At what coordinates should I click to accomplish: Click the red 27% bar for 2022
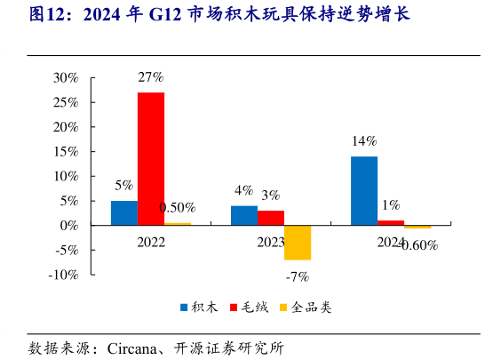point(151,158)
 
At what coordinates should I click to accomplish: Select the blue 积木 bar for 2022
point(124,212)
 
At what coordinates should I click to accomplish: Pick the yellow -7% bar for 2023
point(298,242)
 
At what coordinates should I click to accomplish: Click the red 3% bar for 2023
point(271,218)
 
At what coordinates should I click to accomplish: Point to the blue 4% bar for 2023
point(244,215)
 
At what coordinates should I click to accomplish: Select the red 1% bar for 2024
point(391,222)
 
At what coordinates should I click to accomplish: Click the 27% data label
point(150,77)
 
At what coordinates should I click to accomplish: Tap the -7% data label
point(297,276)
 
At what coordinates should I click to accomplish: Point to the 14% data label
point(364,141)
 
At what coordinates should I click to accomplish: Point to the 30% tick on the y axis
point(66,77)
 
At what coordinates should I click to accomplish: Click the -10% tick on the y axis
point(64,275)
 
